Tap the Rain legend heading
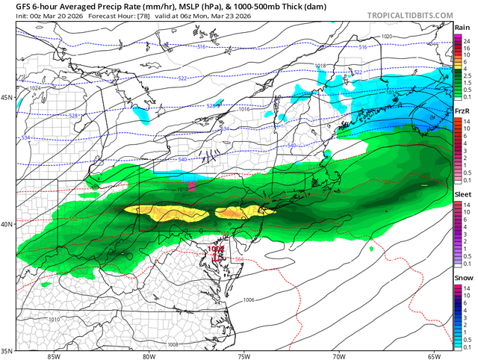click(x=462, y=27)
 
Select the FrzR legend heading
click(x=462, y=111)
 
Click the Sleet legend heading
click(x=462, y=193)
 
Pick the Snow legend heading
click(x=462, y=276)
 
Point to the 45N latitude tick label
click(x=7, y=98)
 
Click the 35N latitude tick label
click(x=7, y=350)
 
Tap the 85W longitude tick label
click(x=52, y=356)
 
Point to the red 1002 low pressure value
click(x=217, y=249)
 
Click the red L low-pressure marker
click(x=215, y=257)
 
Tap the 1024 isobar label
click(x=34, y=87)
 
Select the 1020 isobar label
click(x=386, y=36)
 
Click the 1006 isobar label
click(x=249, y=300)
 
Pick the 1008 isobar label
click(x=173, y=345)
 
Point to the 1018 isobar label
click(x=320, y=66)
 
